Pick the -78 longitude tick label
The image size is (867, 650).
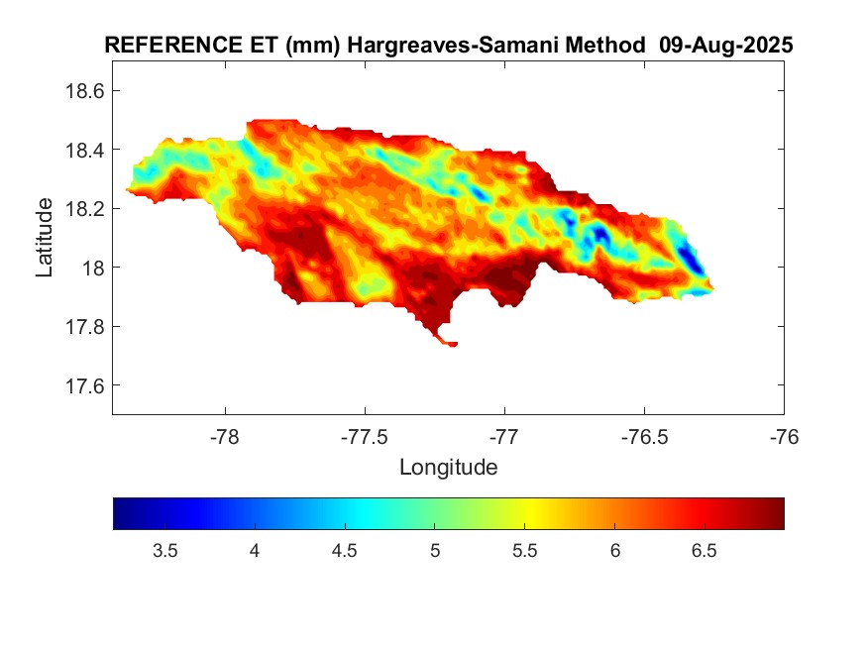click(x=226, y=436)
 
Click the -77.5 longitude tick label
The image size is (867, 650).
click(x=366, y=436)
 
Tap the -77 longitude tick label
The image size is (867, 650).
click(x=505, y=436)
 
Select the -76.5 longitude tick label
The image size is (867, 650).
click(x=645, y=436)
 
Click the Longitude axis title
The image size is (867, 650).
click(x=448, y=467)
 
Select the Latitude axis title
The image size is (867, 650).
click(x=45, y=238)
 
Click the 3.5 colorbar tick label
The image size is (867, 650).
click(x=165, y=551)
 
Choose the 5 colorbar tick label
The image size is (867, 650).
click(x=435, y=551)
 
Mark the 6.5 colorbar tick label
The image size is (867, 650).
click(x=704, y=551)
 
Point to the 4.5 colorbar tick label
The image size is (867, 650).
click(x=345, y=551)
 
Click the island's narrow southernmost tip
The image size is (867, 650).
click(x=451, y=344)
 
